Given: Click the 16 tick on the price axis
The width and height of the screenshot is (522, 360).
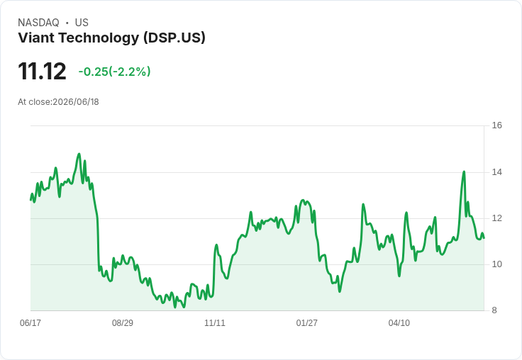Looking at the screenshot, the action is pyautogui.click(x=496, y=125).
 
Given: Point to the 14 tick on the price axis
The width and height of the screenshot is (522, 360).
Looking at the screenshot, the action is pyautogui.click(x=496, y=172).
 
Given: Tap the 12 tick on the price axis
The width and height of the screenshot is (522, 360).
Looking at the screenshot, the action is pyautogui.click(x=496, y=218).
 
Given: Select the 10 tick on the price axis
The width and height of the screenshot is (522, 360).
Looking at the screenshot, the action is pyautogui.click(x=496, y=264).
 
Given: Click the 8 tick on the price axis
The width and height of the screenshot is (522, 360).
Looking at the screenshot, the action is pyautogui.click(x=494, y=310).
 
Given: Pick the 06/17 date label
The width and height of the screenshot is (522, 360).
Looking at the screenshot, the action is pyautogui.click(x=30, y=323).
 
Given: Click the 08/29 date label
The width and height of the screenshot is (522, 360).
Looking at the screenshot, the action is pyautogui.click(x=123, y=323).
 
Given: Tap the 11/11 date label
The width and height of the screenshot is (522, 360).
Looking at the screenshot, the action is pyautogui.click(x=215, y=323).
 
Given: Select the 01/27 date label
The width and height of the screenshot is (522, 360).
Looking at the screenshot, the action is pyautogui.click(x=306, y=323).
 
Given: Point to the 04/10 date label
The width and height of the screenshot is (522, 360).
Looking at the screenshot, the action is pyautogui.click(x=399, y=323).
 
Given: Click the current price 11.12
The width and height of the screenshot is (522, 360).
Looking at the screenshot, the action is pyautogui.click(x=42, y=72).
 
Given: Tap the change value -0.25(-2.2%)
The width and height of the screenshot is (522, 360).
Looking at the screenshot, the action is pyautogui.click(x=114, y=72).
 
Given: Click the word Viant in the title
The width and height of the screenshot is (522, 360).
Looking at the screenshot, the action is pyautogui.click(x=37, y=38).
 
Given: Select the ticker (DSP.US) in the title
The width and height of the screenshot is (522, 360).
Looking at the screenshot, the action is pyautogui.click(x=174, y=38).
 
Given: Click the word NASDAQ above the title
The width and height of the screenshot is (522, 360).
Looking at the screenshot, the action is pyautogui.click(x=38, y=23).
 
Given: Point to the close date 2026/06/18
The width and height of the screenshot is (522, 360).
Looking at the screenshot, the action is pyautogui.click(x=76, y=102).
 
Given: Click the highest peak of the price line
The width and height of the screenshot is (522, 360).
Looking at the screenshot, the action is pyautogui.click(x=79, y=154).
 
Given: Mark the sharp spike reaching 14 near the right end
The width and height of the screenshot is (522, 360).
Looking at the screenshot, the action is pyautogui.click(x=464, y=171).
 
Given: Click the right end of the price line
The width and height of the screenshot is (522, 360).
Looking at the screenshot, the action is pyautogui.click(x=484, y=238).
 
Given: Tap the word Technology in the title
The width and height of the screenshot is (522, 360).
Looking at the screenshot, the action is pyautogui.click(x=99, y=38).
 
